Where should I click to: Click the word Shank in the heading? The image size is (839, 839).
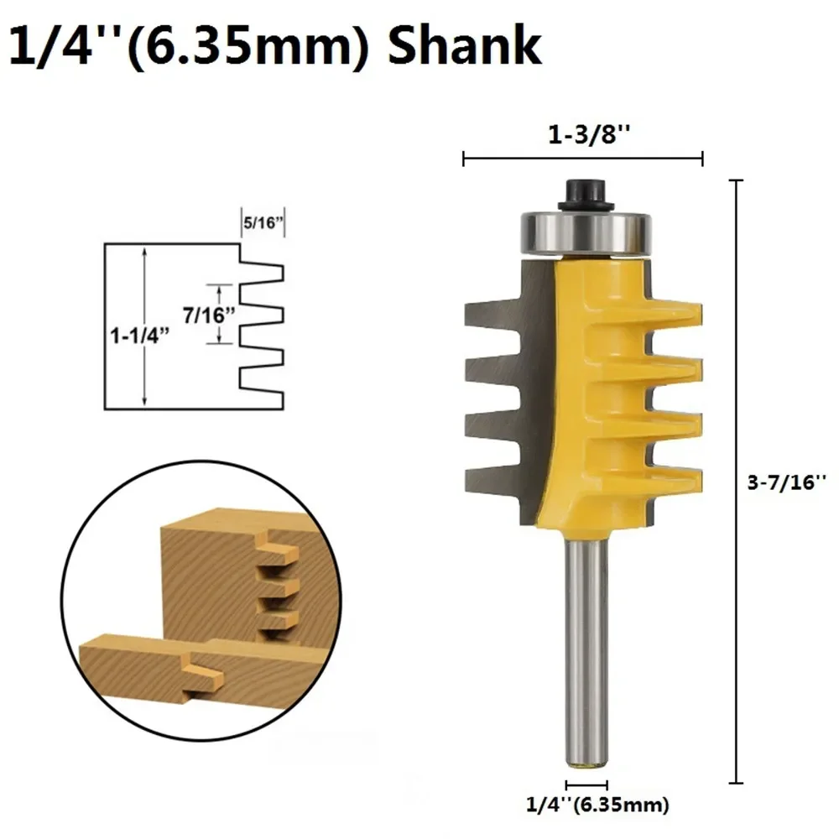click(465, 45)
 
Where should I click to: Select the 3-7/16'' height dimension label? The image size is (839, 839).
click(787, 482)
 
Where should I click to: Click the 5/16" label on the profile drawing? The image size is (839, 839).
click(263, 222)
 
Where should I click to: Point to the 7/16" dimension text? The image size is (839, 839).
click(209, 315)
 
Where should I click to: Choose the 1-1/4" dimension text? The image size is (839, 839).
click(139, 336)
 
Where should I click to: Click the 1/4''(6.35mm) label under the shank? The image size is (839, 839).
click(597, 805)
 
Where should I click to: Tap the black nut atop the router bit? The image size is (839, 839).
click(586, 195)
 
